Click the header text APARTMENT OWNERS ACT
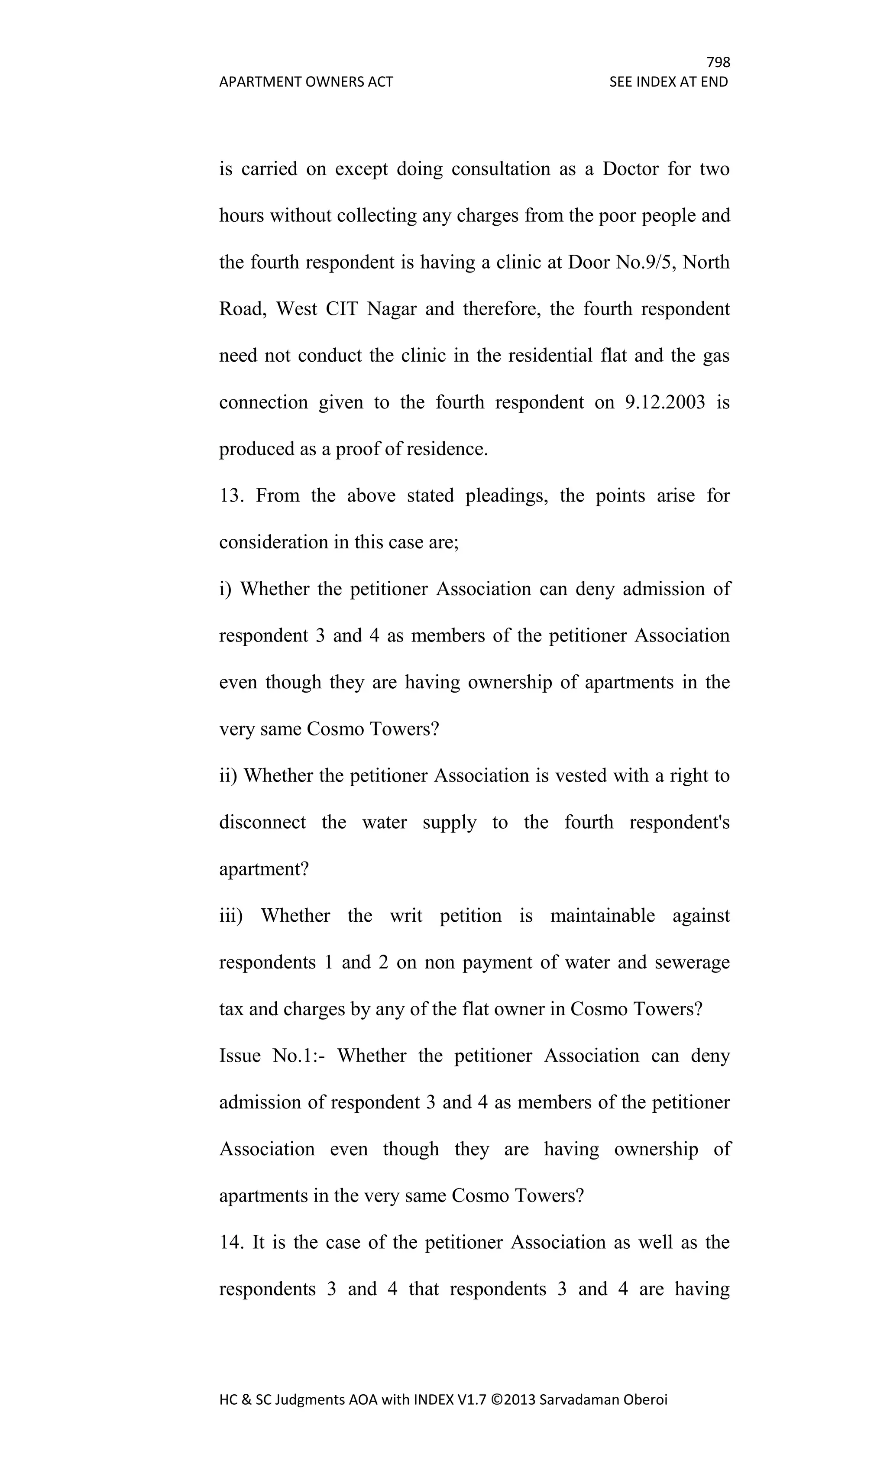click(306, 82)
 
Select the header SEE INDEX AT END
click(668, 82)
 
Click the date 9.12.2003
click(665, 402)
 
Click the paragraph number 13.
click(231, 496)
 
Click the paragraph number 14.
click(231, 1242)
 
